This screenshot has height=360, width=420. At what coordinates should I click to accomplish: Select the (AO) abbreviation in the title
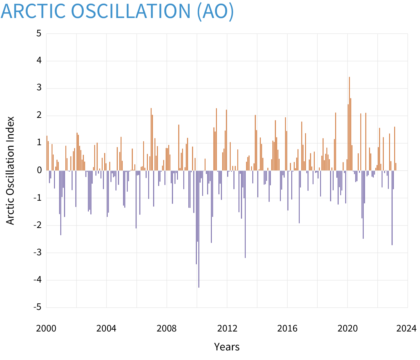(215, 11)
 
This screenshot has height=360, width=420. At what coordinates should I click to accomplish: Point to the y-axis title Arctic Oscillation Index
(10, 170)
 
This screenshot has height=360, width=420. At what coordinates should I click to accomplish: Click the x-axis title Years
(227, 347)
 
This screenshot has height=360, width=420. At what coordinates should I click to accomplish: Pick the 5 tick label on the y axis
(39, 33)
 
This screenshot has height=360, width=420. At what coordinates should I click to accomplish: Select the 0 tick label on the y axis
(39, 170)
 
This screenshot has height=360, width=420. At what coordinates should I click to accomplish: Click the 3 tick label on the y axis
(39, 88)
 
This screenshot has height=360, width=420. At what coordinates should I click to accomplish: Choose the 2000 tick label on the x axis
(46, 328)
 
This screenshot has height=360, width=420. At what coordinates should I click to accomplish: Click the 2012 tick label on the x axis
(227, 328)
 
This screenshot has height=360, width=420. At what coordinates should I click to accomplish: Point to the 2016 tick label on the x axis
(287, 328)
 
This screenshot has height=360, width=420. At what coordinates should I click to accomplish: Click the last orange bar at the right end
(396, 167)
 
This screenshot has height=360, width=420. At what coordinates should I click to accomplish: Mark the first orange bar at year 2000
(47, 153)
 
